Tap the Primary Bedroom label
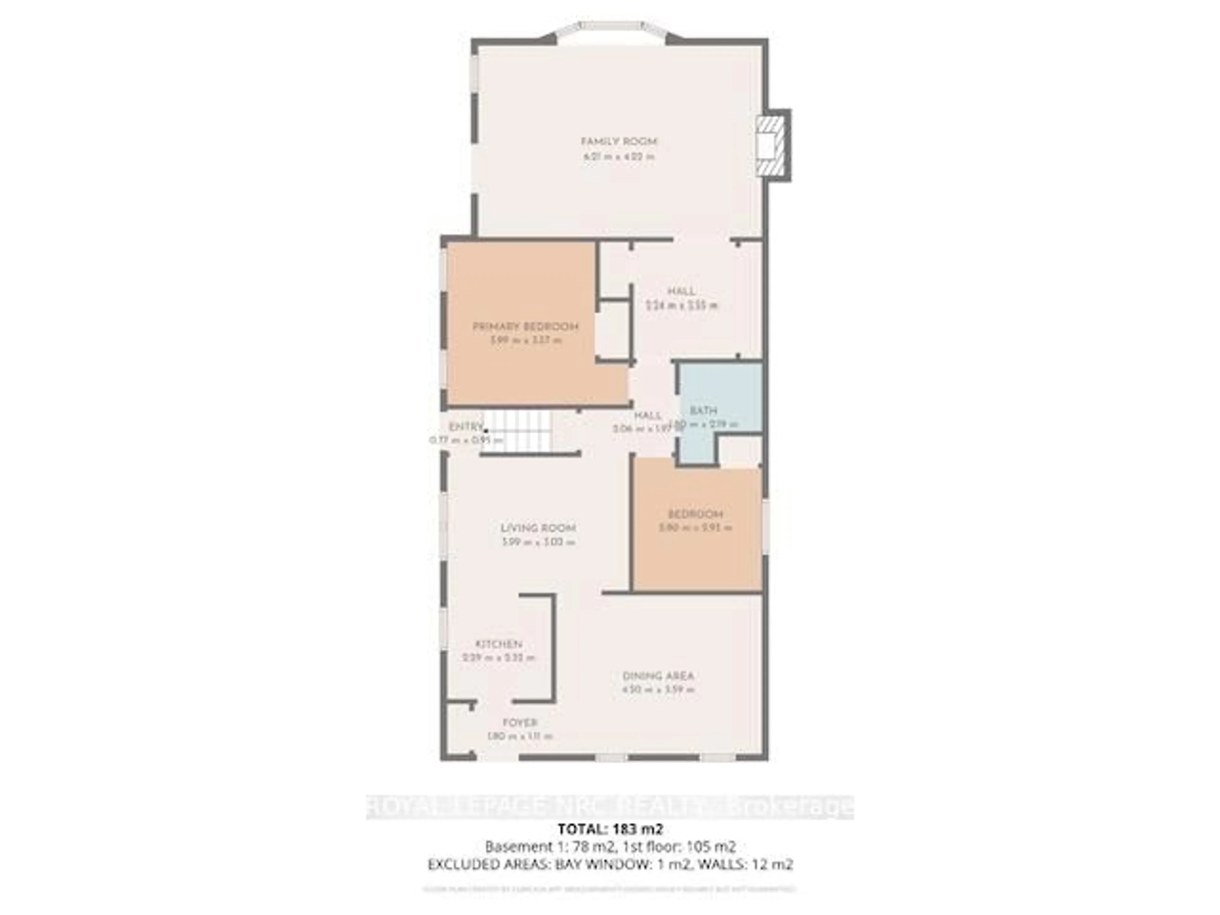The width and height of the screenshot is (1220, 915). point(525,327)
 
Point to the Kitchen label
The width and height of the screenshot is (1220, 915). point(498,644)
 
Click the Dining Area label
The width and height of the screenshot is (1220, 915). point(658,676)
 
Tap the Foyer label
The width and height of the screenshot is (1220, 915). point(519,722)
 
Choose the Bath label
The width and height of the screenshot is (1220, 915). point(703,410)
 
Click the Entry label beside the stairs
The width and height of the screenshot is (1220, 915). point(466,427)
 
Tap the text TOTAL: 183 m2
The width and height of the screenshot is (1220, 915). point(610,829)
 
